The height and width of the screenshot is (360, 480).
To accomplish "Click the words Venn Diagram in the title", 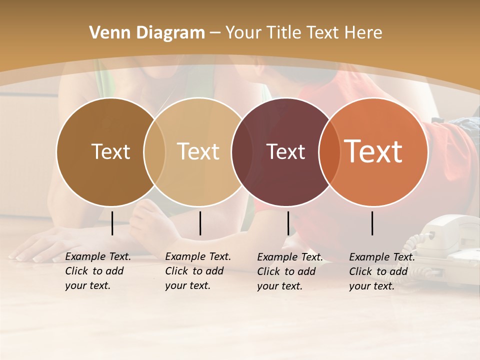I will tap(147, 33).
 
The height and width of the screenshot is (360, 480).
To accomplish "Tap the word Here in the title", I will tap(363, 33).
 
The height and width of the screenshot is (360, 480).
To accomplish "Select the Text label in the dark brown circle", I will tap(110, 152).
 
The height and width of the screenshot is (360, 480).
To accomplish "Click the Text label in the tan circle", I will tap(198, 151).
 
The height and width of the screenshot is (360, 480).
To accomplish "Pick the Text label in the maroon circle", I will tap(286, 152).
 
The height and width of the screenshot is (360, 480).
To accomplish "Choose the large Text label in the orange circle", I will tap(373, 151).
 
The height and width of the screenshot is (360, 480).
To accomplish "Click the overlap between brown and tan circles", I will tap(154, 152).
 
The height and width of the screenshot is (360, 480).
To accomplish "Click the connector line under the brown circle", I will tap(112, 223).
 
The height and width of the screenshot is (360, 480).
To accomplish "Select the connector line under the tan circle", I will tap(200, 223).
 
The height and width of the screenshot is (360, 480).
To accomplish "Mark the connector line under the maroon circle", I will tap(288, 223).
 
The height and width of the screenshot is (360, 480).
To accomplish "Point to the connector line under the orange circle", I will tap(372, 223).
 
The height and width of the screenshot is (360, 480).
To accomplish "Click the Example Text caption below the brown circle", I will tap(98, 271).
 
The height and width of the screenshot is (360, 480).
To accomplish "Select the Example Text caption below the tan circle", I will tap(198, 271).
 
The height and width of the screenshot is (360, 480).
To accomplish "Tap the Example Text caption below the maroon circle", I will tap(290, 271).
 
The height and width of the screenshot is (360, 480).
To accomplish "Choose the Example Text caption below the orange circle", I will tap(382, 271).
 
